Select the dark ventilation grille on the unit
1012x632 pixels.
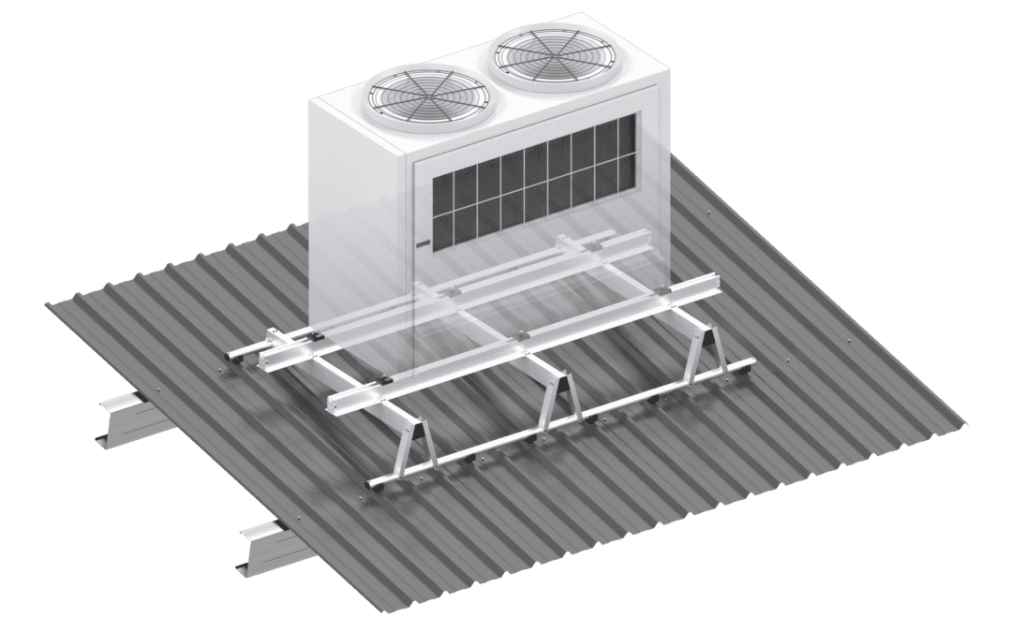[x=529, y=182]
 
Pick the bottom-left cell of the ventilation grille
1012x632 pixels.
[x=439, y=221]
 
